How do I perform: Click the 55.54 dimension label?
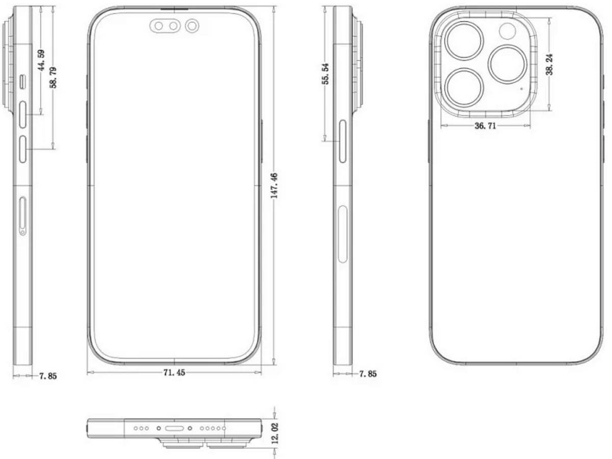click(x=325, y=73)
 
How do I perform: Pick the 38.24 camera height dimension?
click(x=549, y=64)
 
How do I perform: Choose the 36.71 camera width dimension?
click(x=485, y=126)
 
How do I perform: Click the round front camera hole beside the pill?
click(x=193, y=25)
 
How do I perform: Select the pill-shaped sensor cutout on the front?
click(x=166, y=26)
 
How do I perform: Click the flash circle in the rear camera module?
click(x=508, y=32)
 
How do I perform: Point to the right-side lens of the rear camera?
click(x=507, y=63)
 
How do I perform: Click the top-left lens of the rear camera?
click(x=463, y=40)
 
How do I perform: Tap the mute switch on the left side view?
click(x=23, y=81)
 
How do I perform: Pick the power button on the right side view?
click(x=342, y=141)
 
